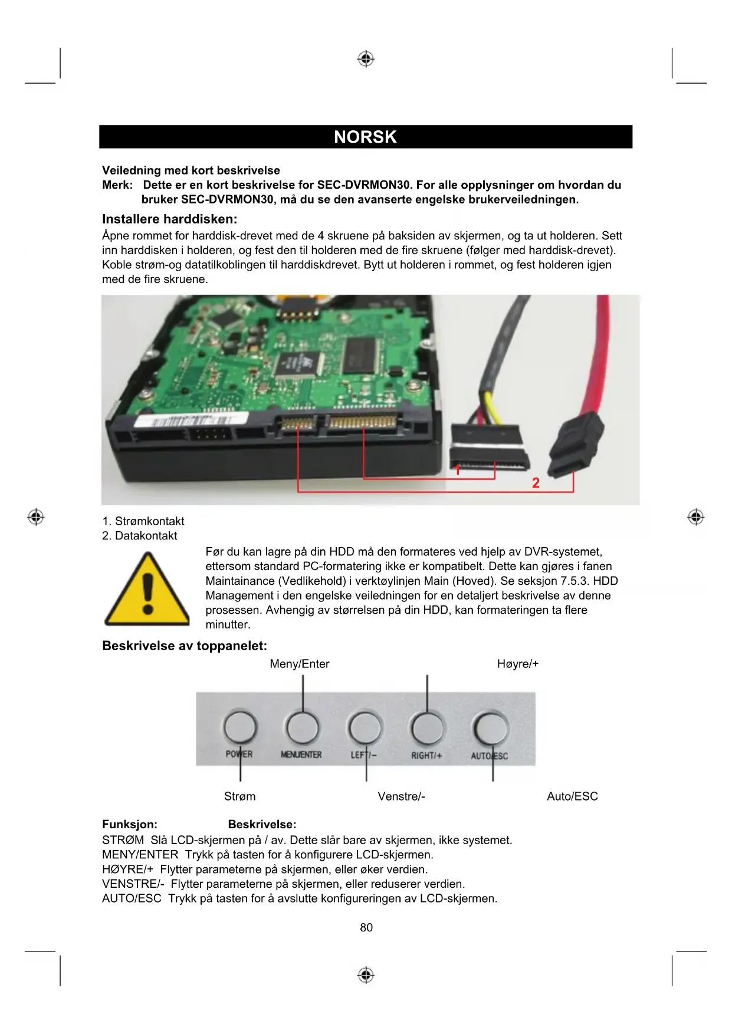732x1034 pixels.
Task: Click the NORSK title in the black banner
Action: tap(365, 137)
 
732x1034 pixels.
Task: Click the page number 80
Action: tap(366, 927)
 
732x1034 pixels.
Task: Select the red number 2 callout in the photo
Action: tap(536, 483)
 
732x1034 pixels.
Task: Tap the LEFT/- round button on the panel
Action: tap(365, 728)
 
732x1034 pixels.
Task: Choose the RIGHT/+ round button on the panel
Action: tap(427, 728)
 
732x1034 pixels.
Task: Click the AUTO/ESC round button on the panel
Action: tap(491, 729)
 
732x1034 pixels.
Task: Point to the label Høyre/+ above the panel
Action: tap(518, 664)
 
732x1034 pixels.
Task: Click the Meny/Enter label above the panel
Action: tap(299, 664)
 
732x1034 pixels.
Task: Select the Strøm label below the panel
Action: tap(239, 796)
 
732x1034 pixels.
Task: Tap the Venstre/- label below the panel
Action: tap(401, 796)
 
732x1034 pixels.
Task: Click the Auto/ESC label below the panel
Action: tap(572, 796)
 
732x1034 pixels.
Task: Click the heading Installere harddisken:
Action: tap(169, 219)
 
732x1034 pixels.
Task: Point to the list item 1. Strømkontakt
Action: tap(143, 521)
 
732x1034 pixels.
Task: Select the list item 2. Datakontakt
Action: tap(140, 536)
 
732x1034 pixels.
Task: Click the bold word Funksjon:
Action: tap(130, 824)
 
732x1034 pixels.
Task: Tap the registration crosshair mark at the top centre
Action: tap(366, 59)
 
